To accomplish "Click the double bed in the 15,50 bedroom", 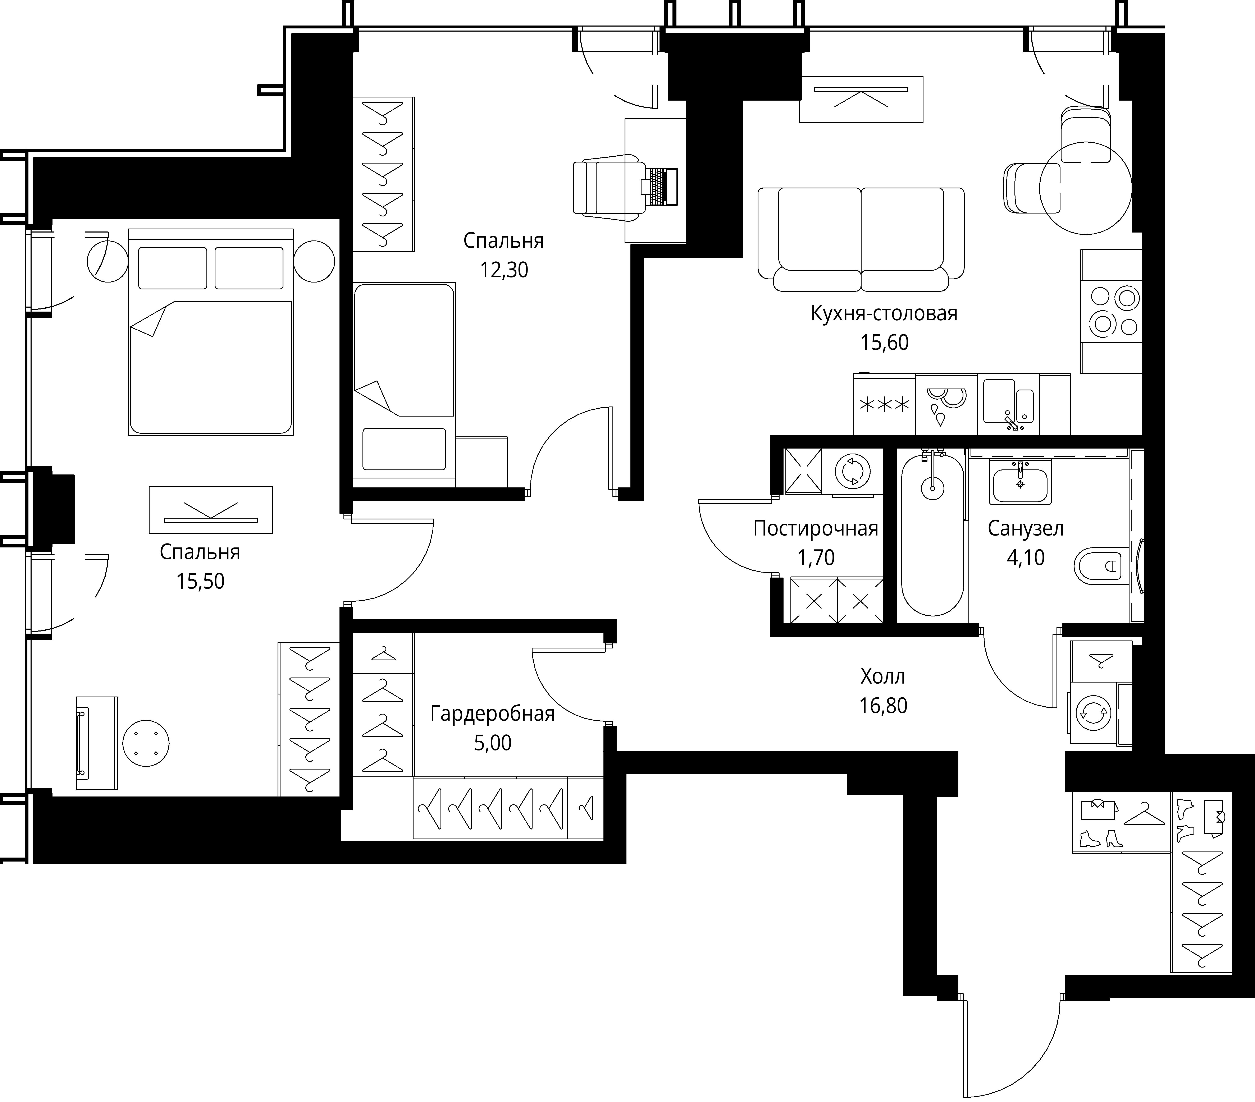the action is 211,331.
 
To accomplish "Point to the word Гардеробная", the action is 492,714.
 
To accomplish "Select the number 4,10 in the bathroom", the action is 1025,557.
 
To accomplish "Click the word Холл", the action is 883,676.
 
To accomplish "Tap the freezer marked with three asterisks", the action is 884,405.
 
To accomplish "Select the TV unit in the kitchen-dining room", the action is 861,99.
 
